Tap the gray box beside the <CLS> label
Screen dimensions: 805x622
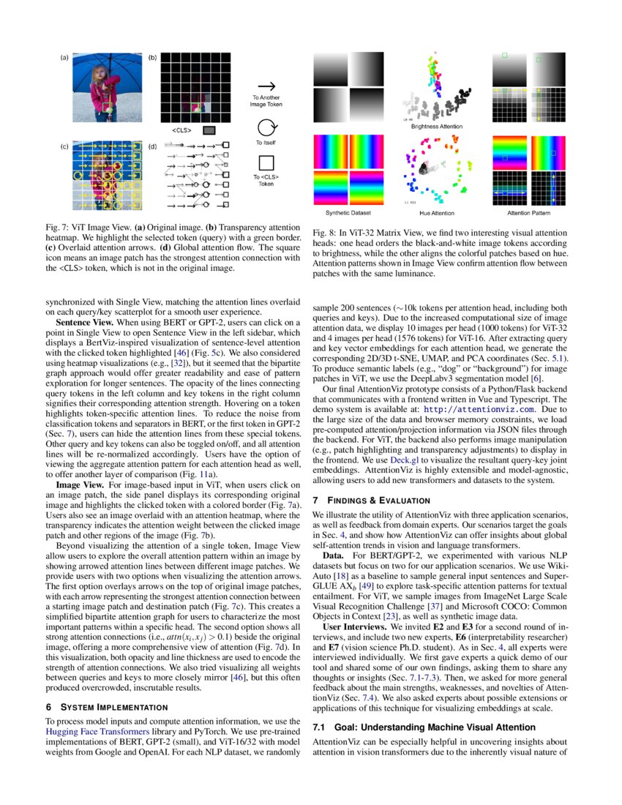pos(209,130)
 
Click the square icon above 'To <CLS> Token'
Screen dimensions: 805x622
pos(267,162)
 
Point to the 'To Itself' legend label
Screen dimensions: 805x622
pos(266,143)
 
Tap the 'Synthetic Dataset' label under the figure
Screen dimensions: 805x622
pos(348,213)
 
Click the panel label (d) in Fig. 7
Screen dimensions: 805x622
pos(152,146)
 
